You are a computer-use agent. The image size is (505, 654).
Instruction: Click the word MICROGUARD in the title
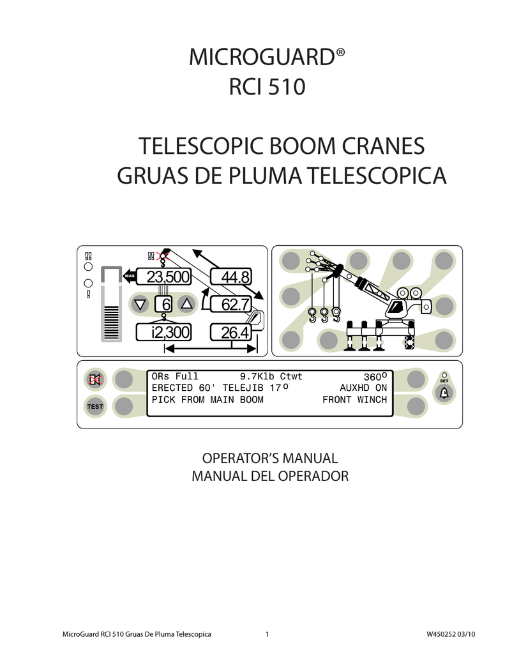262,57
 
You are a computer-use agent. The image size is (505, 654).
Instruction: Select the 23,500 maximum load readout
163,277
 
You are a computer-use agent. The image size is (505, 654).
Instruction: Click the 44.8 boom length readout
231,277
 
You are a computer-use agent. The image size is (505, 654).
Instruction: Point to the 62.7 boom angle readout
231,305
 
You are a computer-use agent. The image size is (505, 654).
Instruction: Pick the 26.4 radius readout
231,332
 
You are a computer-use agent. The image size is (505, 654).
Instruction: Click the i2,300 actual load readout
163,332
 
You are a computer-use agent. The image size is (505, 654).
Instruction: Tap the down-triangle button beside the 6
140,304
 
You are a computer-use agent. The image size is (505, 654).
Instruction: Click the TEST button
95,406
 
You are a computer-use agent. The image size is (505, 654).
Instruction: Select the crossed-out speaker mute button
95,379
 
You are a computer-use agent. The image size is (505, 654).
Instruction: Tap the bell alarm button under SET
444,393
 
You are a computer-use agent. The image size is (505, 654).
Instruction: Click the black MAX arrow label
129,276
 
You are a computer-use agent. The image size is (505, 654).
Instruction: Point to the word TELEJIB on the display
243,388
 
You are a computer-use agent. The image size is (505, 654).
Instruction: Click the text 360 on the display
375,377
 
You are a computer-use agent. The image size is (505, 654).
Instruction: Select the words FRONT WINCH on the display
355,400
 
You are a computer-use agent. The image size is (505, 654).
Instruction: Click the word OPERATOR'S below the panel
232,458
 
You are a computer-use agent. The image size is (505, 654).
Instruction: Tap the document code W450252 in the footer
441,634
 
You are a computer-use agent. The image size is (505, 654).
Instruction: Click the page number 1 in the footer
267,634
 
